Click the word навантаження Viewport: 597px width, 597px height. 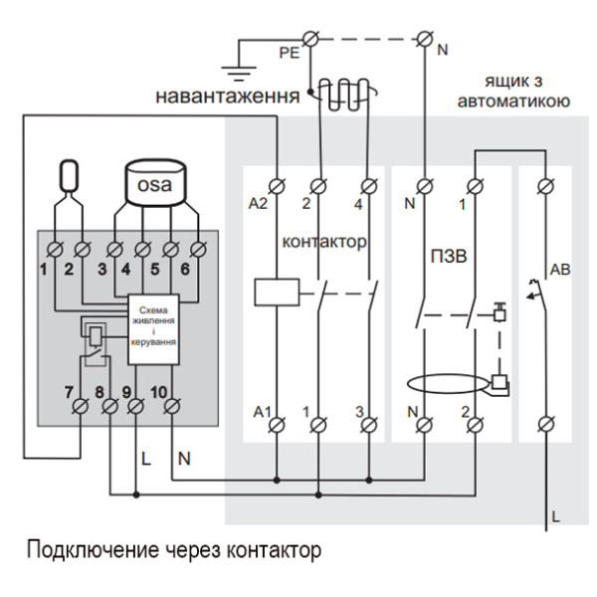click(226, 98)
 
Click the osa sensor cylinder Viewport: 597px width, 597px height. click(154, 185)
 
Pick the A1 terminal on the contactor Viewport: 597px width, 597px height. click(274, 426)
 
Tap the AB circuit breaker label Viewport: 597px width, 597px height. click(559, 270)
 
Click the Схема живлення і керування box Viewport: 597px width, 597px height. click(153, 323)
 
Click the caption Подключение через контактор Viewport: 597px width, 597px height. click(174, 549)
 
